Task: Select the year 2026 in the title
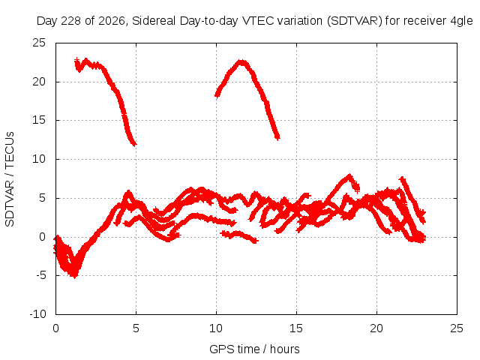112,22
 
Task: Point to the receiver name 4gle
462,22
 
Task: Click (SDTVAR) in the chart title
355,21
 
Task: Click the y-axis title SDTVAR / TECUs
10,179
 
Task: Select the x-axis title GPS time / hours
254,349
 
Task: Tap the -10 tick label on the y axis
37,314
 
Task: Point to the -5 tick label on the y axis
41,275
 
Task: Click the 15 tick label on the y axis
39,120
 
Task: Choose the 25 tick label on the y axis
39,43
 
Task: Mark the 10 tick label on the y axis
39,159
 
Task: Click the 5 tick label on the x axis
136,328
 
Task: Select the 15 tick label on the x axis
296,328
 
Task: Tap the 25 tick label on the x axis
457,328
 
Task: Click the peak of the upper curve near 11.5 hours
241,62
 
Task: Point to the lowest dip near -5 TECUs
74,274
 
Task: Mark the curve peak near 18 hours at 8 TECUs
349,175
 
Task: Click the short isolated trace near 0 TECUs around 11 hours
239,235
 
